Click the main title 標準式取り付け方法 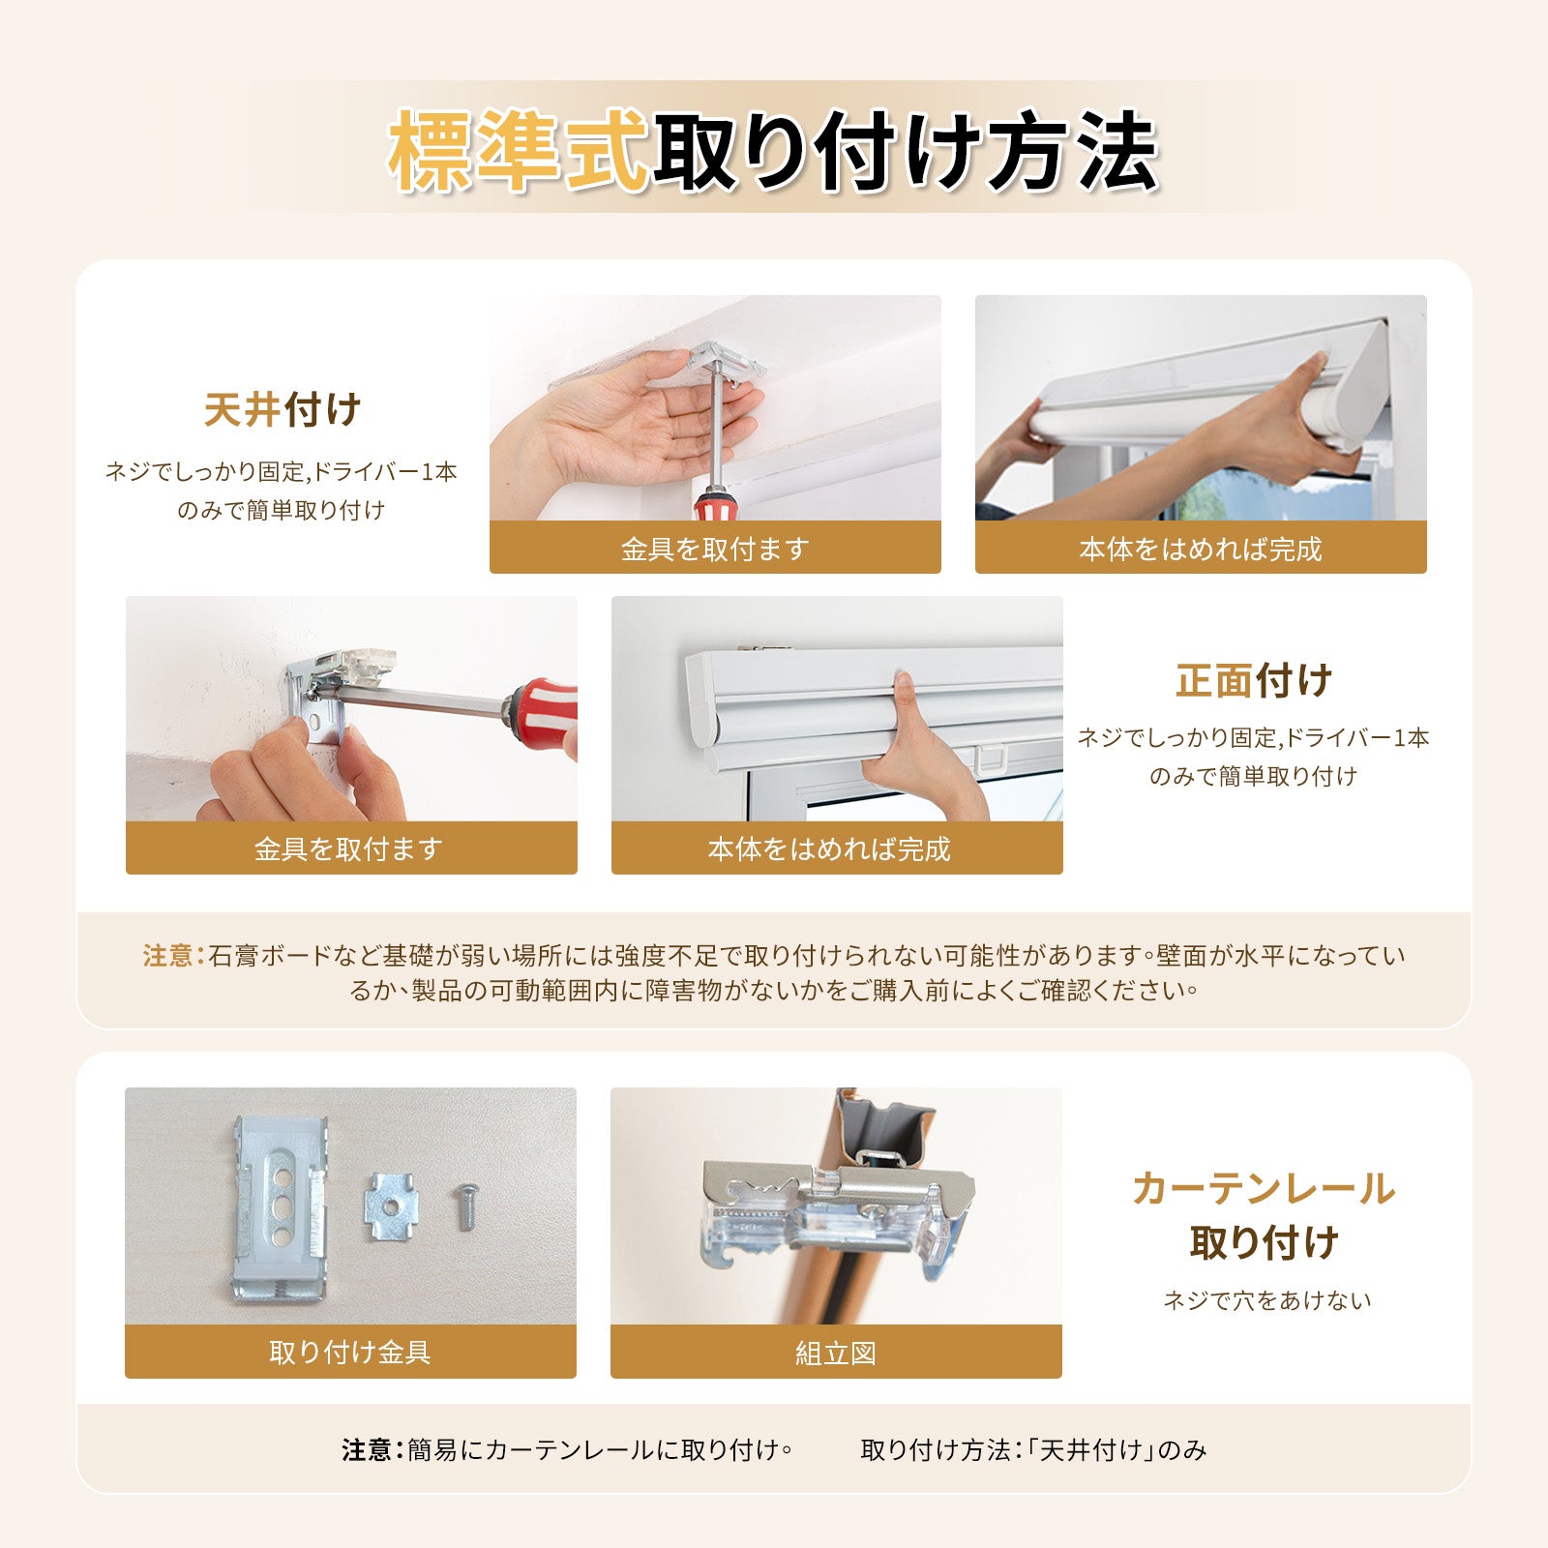[773, 151]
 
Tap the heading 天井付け [283, 410]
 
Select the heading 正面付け [1254, 680]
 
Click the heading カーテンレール [1264, 1188]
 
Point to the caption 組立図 [836, 1353]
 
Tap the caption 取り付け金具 [350, 1352]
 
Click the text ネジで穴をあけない [1266, 1300]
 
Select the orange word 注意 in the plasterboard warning [168, 956]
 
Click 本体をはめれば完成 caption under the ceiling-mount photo [1200, 549]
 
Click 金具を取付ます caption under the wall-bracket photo [350, 848]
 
